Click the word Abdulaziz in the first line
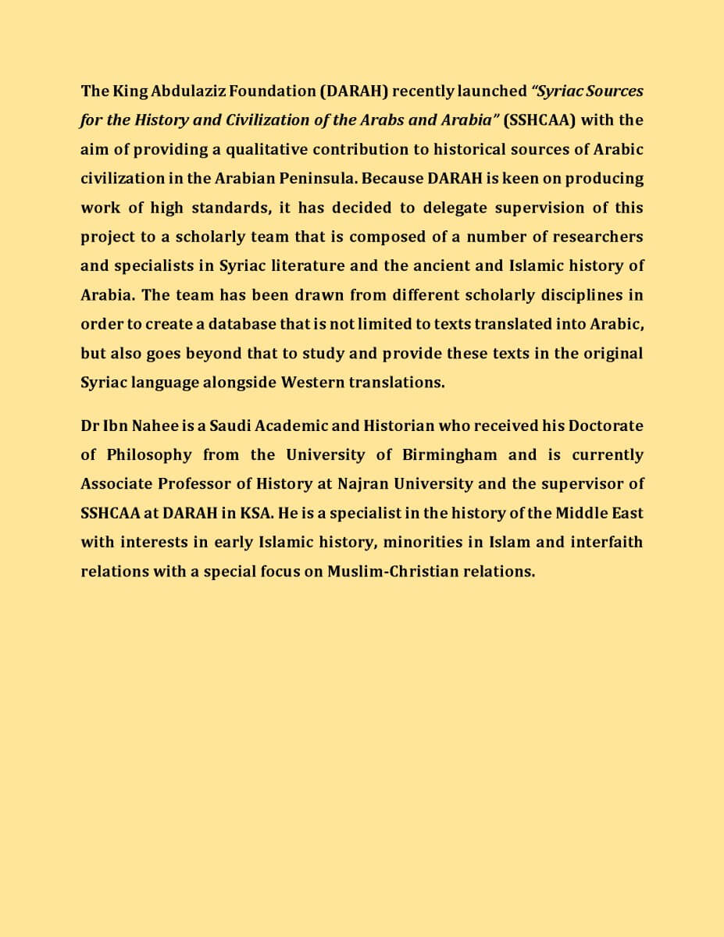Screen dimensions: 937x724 click(171, 91)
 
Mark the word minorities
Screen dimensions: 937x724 click(419, 542)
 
